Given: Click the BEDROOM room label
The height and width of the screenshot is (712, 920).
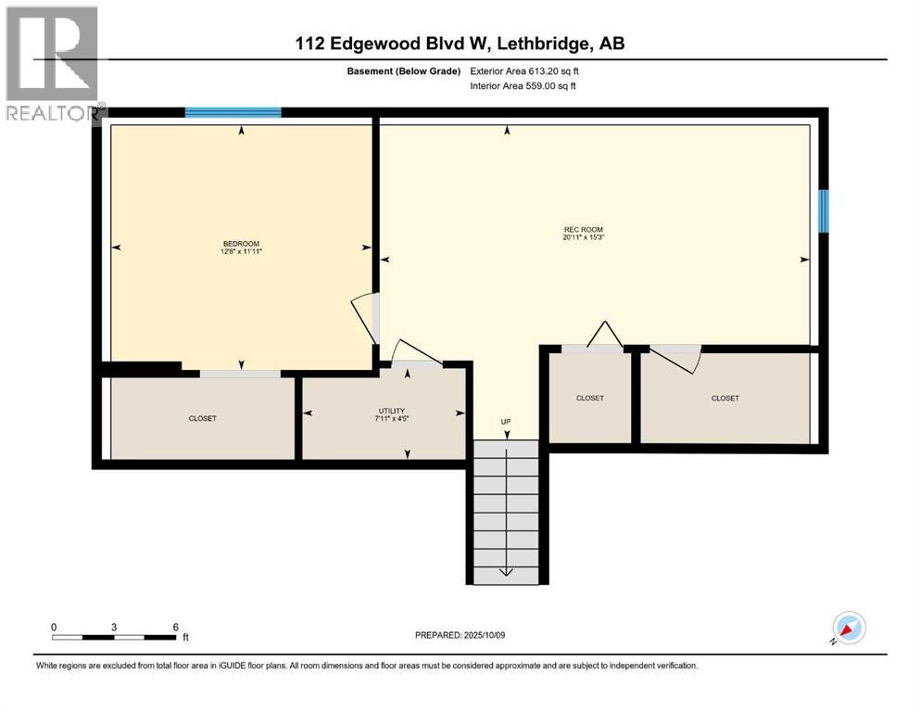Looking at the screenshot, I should pyautogui.click(x=240, y=244).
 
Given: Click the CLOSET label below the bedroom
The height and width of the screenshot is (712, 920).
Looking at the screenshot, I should pyautogui.click(x=202, y=418).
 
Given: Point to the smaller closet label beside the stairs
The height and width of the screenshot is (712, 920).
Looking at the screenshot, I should pyautogui.click(x=589, y=398).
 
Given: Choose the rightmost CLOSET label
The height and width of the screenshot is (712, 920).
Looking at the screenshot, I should pyautogui.click(x=725, y=398).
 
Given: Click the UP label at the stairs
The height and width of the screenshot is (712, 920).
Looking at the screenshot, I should pyautogui.click(x=506, y=423).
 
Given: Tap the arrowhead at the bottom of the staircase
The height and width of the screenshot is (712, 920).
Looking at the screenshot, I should pyautogui.click(x=506, y=571).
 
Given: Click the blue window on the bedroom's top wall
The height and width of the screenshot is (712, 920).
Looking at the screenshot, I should pyautogui.click(x=233, y=112).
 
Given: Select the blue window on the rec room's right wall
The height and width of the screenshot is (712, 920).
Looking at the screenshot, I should pyautogui.click(x=823, y=210).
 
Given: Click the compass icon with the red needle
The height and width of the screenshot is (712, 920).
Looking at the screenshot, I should pyautogui.click(x=848, y=629).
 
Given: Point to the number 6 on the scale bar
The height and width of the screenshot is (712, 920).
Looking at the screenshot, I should pyautogui.click(x=175, y=627).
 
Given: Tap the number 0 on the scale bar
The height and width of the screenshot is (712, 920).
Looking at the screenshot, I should pyautogui.click(x=54, y=627).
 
